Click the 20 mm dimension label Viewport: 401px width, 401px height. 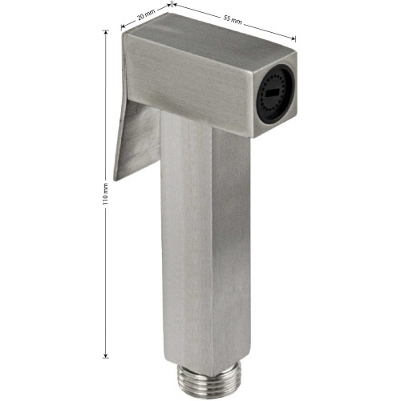click(146, 17)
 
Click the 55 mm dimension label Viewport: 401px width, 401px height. click(233, 20)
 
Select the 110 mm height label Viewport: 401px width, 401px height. click(106, 194)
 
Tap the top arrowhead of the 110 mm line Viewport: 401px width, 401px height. click(106, 32)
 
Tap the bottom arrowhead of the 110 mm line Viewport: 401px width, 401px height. click(106, 355)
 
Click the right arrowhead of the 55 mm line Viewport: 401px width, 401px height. click(294, 39)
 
